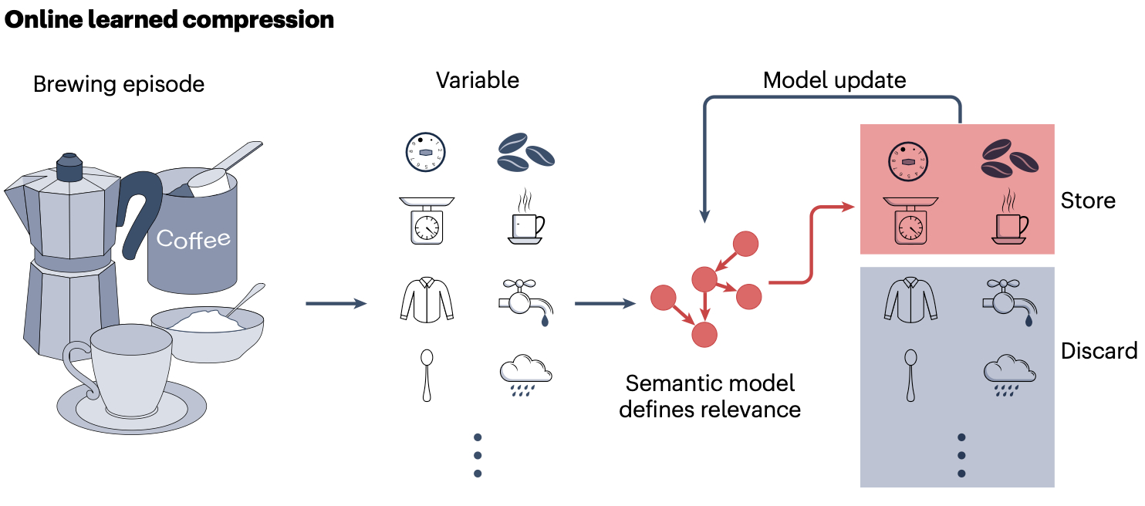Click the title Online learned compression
[169, 20]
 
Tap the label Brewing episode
[119, 84]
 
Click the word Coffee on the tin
[193, 238]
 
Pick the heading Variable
[478, 80]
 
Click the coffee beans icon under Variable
[525, 151]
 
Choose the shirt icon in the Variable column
[427, 300]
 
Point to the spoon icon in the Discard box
[910, 375]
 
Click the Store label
[1088, 201]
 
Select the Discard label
[1099, 351]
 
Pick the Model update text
[834, 80]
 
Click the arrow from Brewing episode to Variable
[336, 304]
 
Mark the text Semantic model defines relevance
[710, 396]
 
